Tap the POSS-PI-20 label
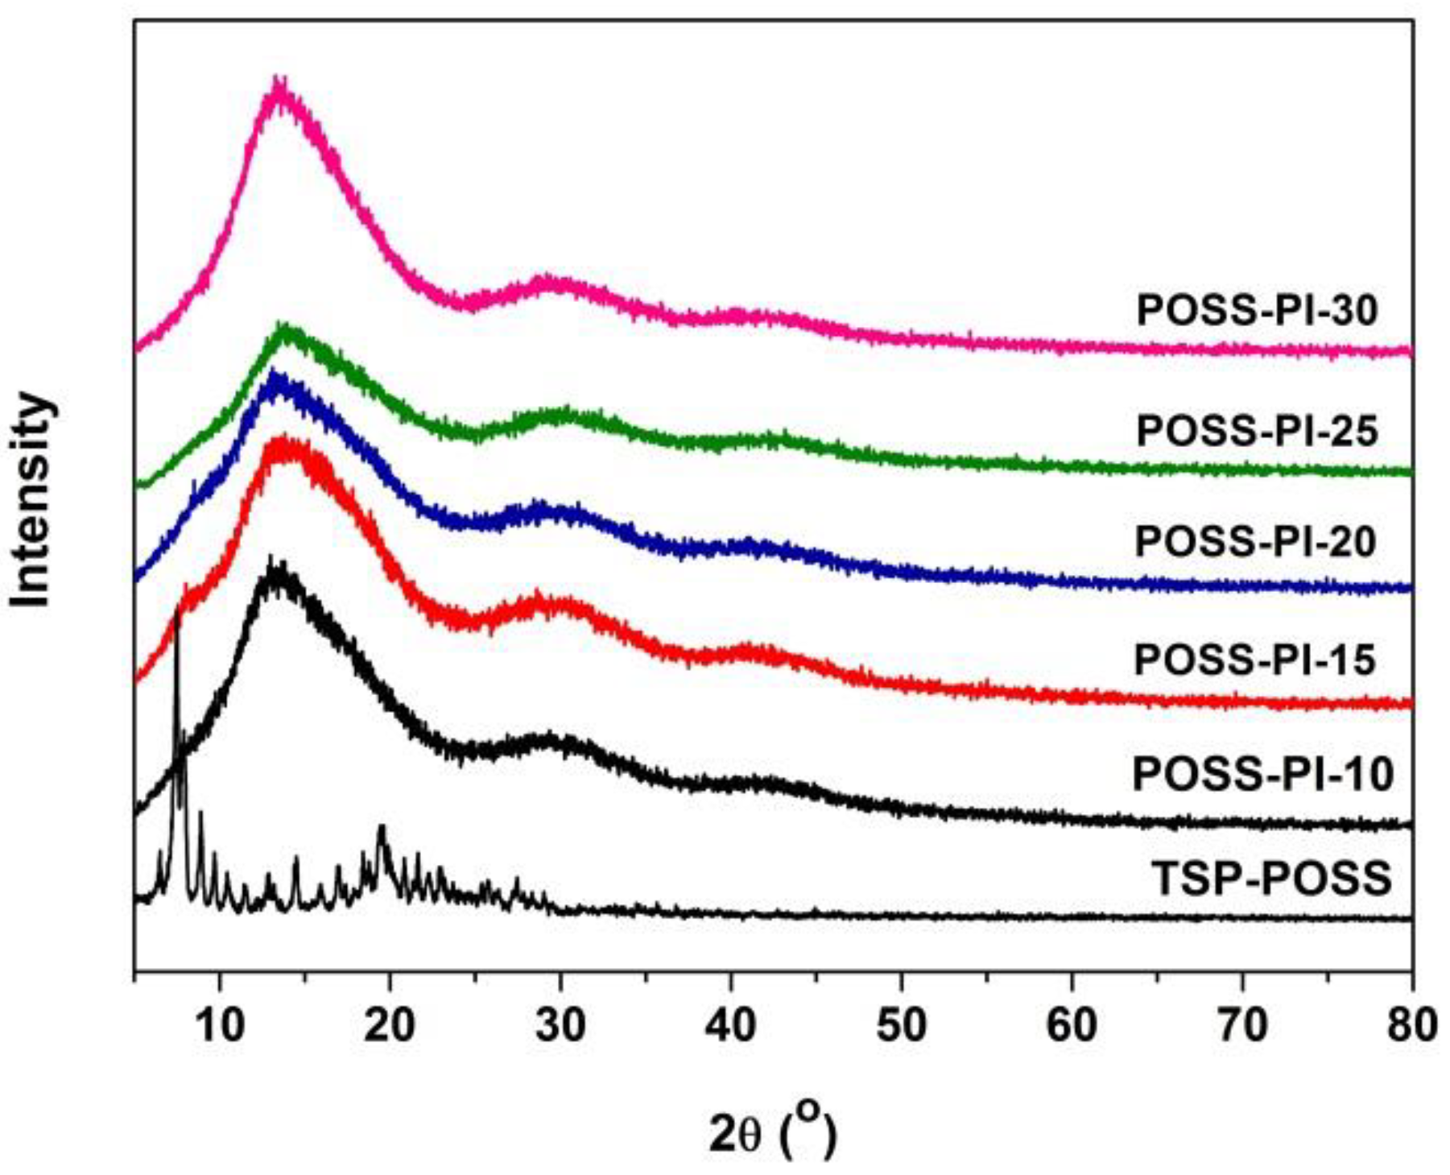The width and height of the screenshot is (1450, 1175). [1255, 542]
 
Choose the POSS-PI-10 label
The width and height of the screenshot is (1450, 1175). [1262, 776]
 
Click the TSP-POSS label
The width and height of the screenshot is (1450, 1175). [1271, 878]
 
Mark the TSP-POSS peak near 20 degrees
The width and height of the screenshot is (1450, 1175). [382, 828]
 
